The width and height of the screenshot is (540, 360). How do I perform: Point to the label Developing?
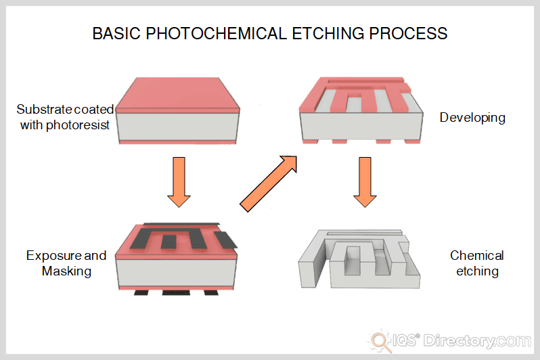pyautogui.click(x=472, y=118)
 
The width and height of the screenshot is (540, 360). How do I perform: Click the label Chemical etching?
pyautogui.click(x=477, y=263)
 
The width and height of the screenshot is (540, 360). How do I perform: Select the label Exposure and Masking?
pyautogui.click(x=66, y=263)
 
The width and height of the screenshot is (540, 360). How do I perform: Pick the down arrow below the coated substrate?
pyautogui.click(x=179, y=181)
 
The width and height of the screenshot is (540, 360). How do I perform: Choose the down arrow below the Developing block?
pyautogui.click(x=365, y=181)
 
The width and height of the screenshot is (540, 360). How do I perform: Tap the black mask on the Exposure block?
pyautogui.click(x=179, y=237)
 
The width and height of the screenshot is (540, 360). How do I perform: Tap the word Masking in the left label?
pyautogui.click(x=66, y=271)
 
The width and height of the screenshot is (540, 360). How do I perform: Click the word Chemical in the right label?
pyautogui.click(x=477, y=256)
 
